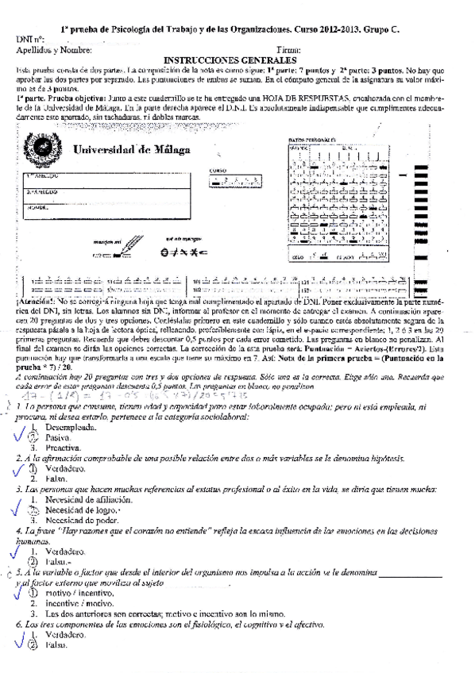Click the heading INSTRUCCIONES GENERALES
pyautogui.click(x=230, y=60)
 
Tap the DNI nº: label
pyautogui.click(x=30, y=40)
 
